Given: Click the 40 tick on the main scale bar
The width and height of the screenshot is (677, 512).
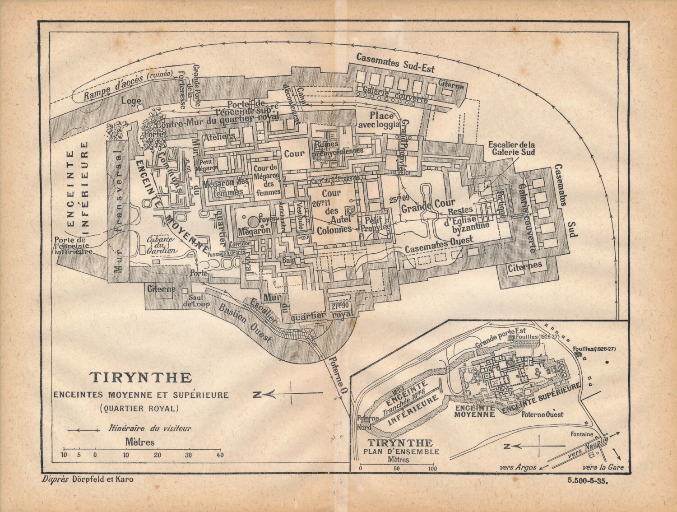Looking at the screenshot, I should coord(220,455).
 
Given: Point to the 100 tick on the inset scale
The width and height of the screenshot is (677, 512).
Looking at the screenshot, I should coord(432,468).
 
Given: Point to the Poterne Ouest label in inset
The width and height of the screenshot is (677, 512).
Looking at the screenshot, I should coord(542,414).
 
